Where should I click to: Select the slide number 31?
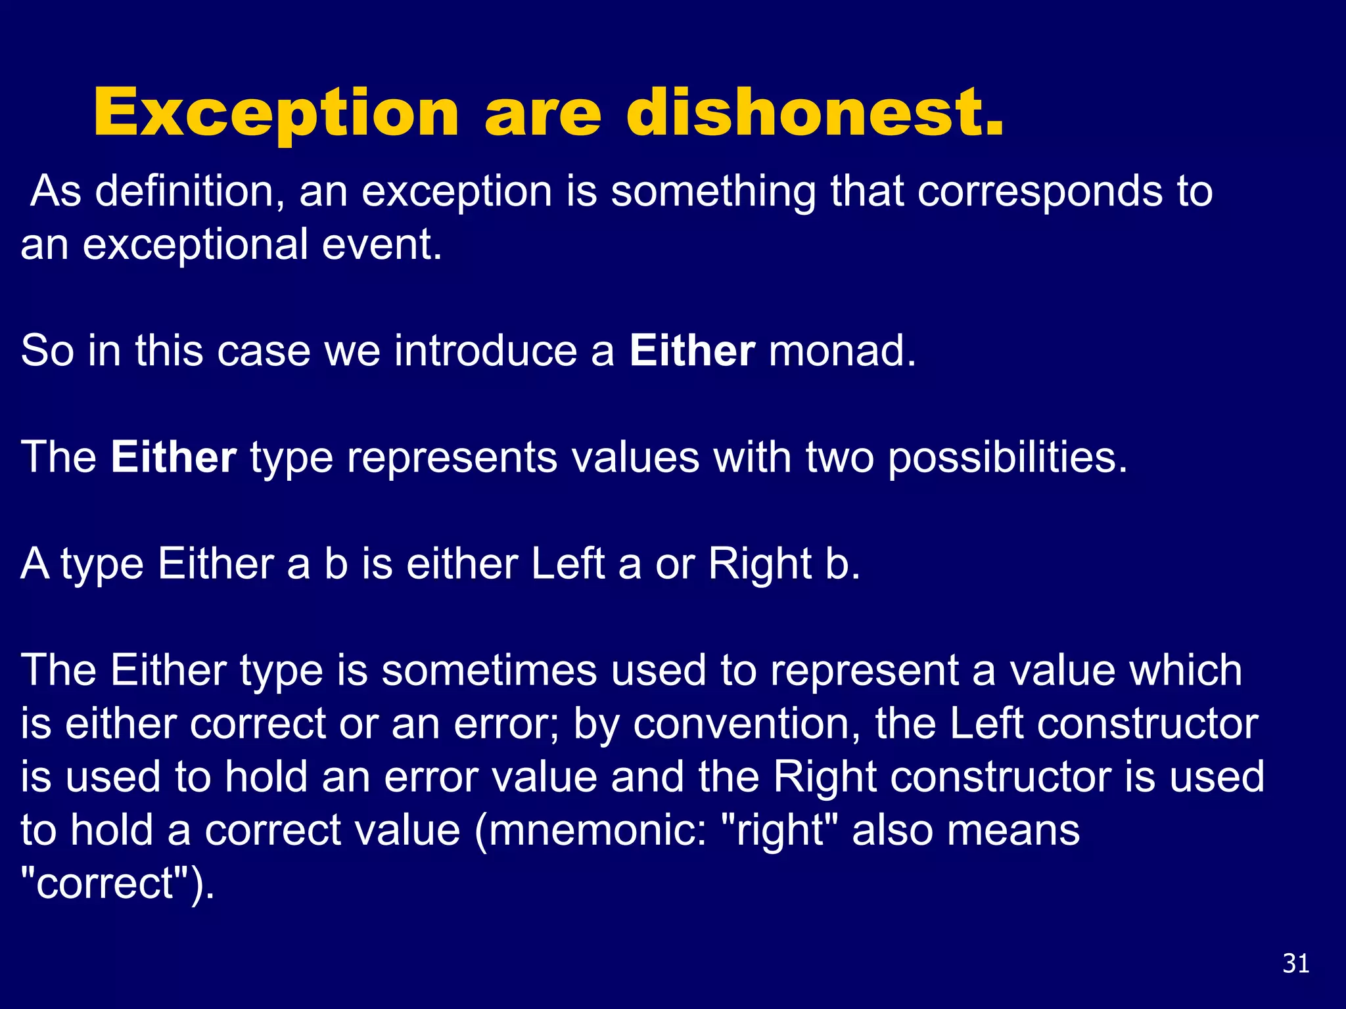(x=1295, y=964)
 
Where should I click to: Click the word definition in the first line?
(x=184, y=192)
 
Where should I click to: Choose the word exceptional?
(x=195, y=245)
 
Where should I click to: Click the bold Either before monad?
(x=691, y=351)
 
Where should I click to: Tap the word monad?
(x=841, y=351)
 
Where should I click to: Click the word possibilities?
(x=1007, y=458)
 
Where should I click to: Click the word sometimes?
(x=489, y=671)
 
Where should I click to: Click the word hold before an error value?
(x=266, y=777)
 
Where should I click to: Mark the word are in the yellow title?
(x=543, y=113)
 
